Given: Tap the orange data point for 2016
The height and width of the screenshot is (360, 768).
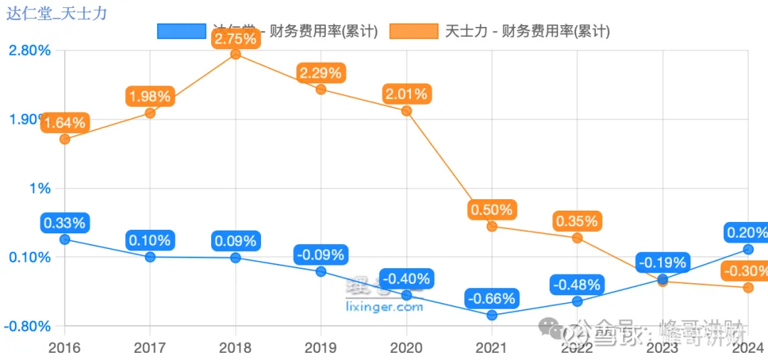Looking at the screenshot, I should coord(65,139).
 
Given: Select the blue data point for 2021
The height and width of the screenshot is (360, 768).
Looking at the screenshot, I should coord(492,314).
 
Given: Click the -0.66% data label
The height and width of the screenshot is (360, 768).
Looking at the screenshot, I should coord(492,297).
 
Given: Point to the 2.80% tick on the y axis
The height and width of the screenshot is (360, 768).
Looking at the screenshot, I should coord(29,51).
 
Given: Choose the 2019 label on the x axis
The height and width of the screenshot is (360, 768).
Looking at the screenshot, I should coord(321,348).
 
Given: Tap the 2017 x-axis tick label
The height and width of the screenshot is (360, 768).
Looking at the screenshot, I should coord(150,348).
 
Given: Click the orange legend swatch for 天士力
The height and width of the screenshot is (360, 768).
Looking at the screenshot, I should coord(414,31).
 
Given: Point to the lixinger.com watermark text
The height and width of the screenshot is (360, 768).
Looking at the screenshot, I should coord(384,307).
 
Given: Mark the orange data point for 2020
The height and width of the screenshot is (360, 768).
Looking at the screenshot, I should coord(406,110).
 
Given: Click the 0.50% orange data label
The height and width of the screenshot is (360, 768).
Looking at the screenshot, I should coord(491,209).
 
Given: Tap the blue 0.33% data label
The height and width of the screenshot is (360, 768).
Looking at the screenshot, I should coord(65,223).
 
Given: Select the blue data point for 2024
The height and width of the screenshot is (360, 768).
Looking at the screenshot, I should coord(748,249).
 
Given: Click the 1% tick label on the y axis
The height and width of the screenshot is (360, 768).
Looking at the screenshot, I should coord(40,189).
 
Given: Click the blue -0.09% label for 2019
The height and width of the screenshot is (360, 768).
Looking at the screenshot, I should coord(321,254).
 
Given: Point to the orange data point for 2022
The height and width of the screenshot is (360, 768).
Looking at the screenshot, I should coord(577,238).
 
